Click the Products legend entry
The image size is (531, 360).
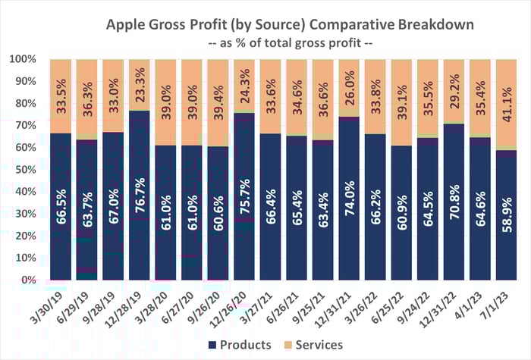click(235, 345)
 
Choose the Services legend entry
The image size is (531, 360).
click(311, 345)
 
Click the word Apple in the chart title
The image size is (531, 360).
click(131, 24)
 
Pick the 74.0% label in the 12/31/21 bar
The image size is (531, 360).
click(349, 224)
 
